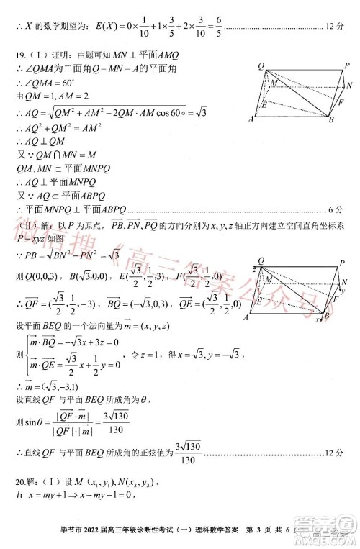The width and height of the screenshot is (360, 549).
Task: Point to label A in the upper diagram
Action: click(x=251, y=119)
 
